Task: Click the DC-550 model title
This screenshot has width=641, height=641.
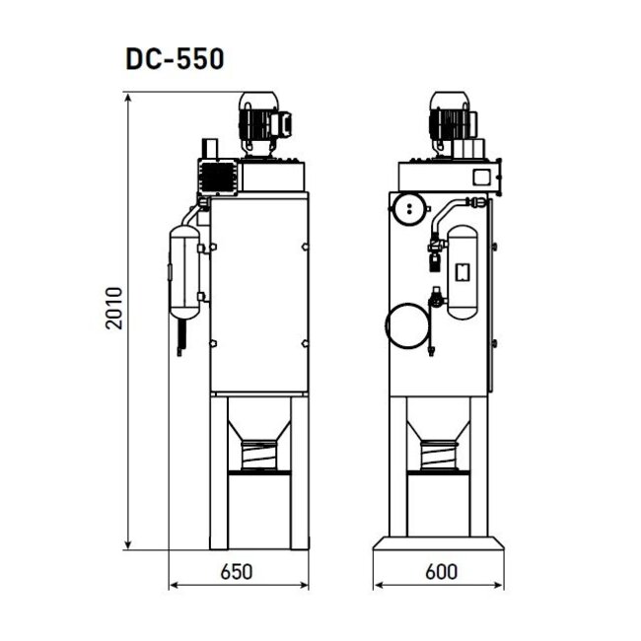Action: coord(175,58)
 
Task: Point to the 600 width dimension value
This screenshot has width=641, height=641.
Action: coord(441,570)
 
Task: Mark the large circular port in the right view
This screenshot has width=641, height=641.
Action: coord(405,324)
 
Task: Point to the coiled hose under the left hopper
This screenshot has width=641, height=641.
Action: coord(260,457)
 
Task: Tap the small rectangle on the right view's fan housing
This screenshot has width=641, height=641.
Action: coord(483,178)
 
